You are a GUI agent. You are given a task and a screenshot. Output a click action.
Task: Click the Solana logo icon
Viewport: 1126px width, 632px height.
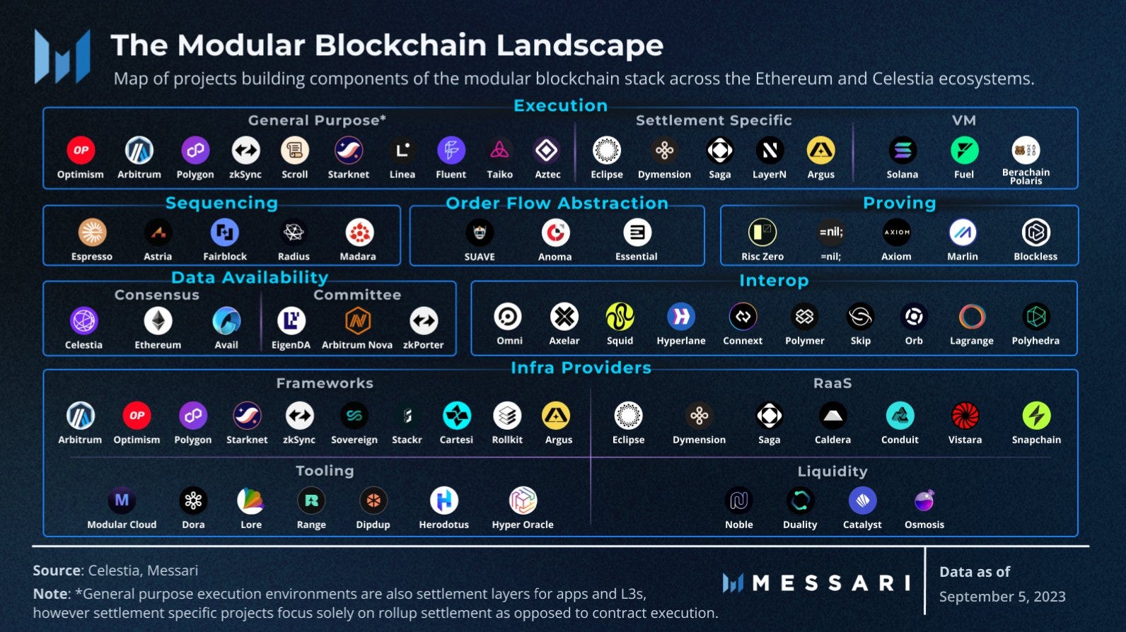tap(902, 151)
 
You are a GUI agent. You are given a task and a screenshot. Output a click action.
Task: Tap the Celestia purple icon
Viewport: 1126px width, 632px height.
tap(84, 320)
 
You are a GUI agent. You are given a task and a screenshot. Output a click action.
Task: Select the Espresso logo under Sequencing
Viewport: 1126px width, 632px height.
tap(92, 232)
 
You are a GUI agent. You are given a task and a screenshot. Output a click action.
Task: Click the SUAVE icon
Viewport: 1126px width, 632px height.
tap(480, 232)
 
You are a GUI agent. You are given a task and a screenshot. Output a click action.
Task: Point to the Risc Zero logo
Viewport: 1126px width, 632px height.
tap(762, 232)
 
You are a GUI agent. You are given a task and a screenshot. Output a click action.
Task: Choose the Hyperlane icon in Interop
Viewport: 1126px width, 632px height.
tap(680, 317)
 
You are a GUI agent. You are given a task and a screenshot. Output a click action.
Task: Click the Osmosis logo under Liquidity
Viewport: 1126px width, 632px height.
tap(924, 501)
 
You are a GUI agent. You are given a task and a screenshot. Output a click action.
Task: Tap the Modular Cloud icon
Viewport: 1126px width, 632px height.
tap(122, 501)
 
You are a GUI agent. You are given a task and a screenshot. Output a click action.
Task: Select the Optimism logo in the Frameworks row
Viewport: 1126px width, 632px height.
tap(137, 416)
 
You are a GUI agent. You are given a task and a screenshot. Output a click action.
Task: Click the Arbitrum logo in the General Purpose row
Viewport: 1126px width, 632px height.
tap(139, 151)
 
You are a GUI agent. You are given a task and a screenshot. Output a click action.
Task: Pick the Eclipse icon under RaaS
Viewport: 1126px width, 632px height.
tap(628, 416)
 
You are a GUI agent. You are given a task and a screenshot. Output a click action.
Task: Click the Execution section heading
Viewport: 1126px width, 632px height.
tap(560, 105)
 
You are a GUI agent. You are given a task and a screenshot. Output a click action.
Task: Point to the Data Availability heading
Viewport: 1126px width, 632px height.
tap(250, 277)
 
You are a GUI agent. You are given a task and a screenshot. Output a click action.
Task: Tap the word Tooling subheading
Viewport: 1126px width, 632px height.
tap(325, 471)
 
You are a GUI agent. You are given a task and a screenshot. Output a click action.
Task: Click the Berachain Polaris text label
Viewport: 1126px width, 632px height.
tap(1026, 177)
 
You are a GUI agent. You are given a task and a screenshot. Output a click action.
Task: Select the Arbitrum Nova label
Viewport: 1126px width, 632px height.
tap(357, 345)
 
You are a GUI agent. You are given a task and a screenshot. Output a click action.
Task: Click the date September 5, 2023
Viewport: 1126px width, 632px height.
tap(1002, 597)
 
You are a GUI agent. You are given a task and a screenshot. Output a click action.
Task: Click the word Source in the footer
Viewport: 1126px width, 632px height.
tap(57, 570)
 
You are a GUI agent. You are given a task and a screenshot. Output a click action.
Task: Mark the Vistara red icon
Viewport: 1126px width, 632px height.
tap(965, 416)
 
